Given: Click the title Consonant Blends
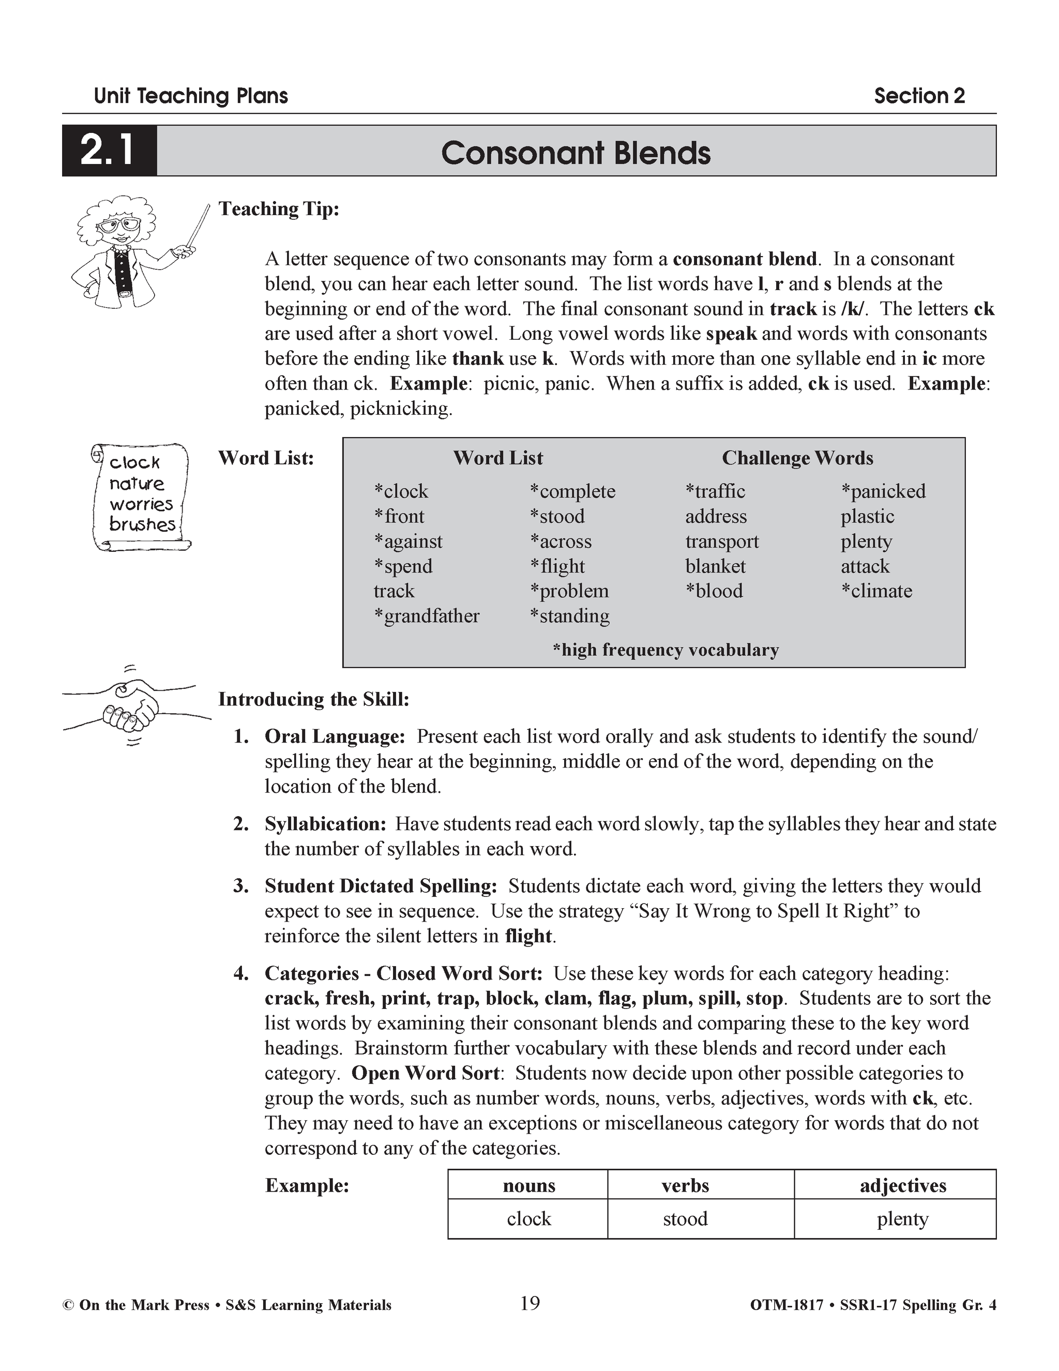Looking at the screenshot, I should click(575, 153).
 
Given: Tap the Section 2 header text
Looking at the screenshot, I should click(918, 96).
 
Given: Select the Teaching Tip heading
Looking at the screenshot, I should click(278, 208).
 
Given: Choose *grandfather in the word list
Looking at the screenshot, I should click(427, 616).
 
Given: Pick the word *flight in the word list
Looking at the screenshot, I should click(557, 566).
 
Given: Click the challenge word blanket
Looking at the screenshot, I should click(715, 566).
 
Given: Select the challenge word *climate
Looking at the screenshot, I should click(876, 591).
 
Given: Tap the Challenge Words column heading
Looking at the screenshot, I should click(797, 458).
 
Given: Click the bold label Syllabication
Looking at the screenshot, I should click(325, 824).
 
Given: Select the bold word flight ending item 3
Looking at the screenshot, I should click(528, 936).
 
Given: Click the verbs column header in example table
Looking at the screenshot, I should click(685, 1185).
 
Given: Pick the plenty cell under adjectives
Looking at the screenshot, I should click(902, 1218).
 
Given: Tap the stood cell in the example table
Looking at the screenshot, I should click(685, 1218).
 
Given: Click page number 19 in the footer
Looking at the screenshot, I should click(530, 1304).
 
